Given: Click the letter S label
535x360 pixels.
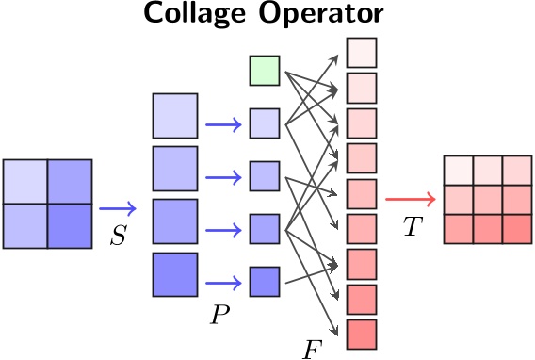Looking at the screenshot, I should [118, 236].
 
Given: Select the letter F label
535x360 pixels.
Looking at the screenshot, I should [313, 350].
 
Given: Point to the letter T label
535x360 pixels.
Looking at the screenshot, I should [412, 227].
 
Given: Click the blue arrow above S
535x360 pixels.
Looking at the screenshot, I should [118, 208].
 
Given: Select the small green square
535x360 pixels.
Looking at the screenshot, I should [265, 71].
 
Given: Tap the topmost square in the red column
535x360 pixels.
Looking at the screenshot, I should [362, 52].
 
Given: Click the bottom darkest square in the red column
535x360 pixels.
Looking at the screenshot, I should [362, 334].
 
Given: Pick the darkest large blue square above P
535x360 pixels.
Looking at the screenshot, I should [175, 275].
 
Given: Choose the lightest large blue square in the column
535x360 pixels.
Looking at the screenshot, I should [175, 116].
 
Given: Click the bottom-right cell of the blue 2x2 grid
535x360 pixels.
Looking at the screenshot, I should [69, 225].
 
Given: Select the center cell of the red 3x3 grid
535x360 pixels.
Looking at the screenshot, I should [487, 200].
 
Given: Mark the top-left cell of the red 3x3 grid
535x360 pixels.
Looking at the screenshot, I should [458, 171].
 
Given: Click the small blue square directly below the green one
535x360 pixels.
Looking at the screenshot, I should [265, 123].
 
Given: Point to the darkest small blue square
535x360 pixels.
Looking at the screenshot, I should [265, 281].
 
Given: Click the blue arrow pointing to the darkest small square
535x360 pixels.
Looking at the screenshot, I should [223, 281].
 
